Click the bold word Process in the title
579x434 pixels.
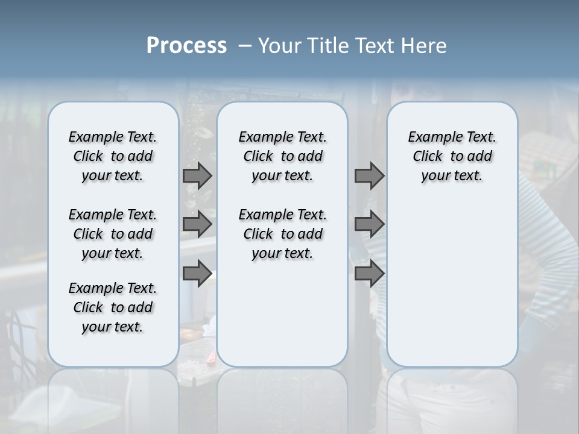186,46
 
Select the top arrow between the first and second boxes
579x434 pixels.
197,175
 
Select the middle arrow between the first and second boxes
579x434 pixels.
197,224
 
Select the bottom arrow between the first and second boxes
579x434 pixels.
197,274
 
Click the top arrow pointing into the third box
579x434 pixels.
369,175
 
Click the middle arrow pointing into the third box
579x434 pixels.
369,224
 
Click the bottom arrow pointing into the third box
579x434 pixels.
369,274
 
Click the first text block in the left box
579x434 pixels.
113,156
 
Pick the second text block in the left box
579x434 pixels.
113,234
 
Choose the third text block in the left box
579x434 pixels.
113,307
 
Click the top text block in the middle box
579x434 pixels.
282,156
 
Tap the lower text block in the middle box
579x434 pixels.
282,234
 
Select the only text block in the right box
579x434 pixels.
452,156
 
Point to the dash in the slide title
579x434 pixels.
245,46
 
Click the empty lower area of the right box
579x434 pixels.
452,283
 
